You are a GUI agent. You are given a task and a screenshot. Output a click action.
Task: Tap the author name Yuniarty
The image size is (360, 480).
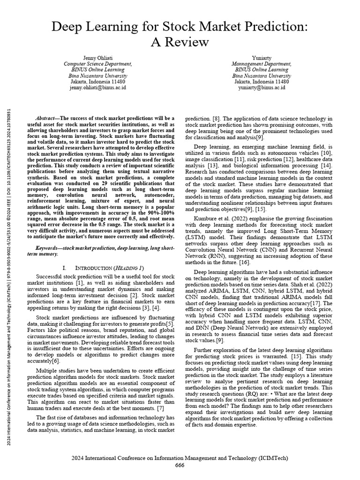[x=261, y=57]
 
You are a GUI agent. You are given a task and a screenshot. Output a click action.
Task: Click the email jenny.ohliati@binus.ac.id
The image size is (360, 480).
[x=97, y=88]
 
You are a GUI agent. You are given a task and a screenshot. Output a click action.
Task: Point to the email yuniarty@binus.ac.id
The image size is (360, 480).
[x=261, y=88]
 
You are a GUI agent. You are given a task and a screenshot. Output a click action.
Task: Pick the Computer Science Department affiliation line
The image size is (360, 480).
[x=97, y=63]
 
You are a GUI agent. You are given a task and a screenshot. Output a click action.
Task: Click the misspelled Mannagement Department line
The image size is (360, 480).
[x=261, y=63]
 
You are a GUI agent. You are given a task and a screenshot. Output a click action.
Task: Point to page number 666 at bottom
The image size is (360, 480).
[x=180, y=465]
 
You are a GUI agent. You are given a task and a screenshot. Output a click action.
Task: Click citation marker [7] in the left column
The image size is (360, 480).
[x=160, y=408]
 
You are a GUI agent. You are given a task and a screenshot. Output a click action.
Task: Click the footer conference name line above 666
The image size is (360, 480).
[x=180, y=457]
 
